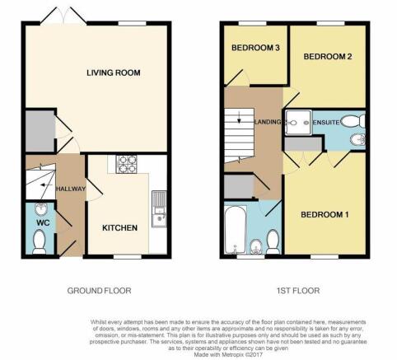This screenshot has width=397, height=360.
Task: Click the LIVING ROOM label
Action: point(114,72)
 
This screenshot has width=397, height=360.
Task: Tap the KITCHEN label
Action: point(119,228)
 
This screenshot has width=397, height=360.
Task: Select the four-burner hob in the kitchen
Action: point(126,164)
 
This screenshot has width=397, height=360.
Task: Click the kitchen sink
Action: point(159,208)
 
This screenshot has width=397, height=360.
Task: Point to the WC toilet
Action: point(39,242)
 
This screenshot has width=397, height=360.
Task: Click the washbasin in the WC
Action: point(41,209)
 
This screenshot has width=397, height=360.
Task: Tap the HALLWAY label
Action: point(71,189)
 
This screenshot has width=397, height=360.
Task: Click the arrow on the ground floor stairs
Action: point(46,185)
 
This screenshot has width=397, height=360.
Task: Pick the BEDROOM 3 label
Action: point(255,48)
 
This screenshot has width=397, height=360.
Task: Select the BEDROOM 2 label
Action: point(328,57)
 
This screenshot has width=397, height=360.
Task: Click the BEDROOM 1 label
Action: point(325,214)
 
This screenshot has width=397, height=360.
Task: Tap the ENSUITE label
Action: point(326,123)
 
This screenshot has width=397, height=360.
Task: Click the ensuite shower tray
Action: point(298,123)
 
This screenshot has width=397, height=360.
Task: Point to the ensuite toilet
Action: point(353,121)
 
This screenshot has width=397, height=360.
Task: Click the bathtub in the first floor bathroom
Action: point(235,230)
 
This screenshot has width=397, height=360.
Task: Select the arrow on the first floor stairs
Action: point(239,117)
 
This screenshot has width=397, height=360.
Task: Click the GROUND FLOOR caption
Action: point(99,291)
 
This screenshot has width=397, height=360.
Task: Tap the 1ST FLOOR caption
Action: point(298,291)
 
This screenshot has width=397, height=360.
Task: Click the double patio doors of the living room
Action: point(63,15)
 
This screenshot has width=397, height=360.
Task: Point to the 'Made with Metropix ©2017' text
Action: point(228,354)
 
